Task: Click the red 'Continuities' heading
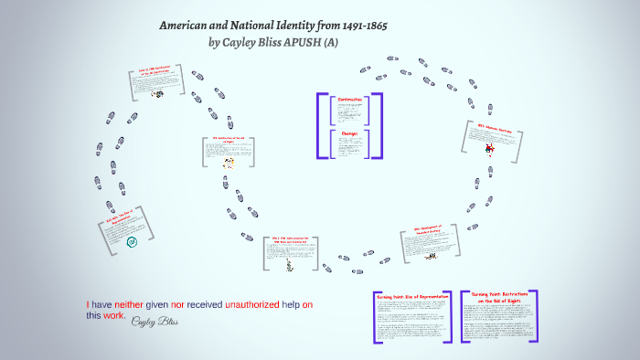pyautogui.click(x=351, y=99)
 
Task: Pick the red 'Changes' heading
pyautogui.click(x=351, y=132)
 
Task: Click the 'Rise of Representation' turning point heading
pyautogui.click(x=410, y=298)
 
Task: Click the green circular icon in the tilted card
pyautogui.click(x=132, y=242)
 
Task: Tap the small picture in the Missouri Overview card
pyautogui.click(x=490, y=147)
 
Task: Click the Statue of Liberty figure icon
pyautogui.click(x=288, y=265)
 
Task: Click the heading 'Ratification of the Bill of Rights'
pyautogui.click(x=229, y=141)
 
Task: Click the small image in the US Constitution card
pyautogui.click(x=156, y=93)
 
